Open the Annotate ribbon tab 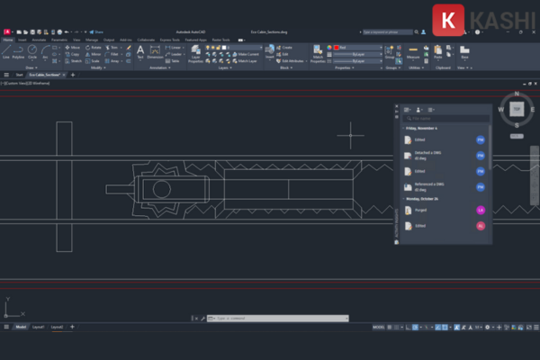pyautogui.click(x=40, y=40)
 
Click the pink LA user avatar pyautogui.click(x=481, y=210)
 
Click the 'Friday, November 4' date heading pyautogui.click(x=423, y=129)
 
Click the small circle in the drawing pyautogui.click(x=161, y=189)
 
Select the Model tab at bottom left pyautogui.click(x=20, y=327)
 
